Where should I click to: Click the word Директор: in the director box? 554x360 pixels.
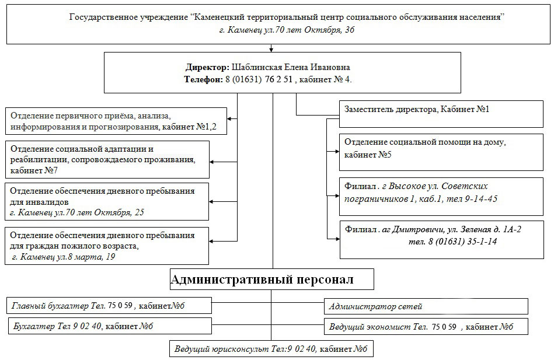[208, 67]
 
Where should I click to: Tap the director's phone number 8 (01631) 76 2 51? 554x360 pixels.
[259, 79]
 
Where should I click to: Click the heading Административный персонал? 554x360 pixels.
[262, 279]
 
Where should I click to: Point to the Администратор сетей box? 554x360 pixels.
[426, 306]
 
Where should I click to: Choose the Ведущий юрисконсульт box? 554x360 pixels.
[271, 349]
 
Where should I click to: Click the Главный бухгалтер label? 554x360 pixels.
[50, 306]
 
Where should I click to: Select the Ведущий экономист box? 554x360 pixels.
[426, 326]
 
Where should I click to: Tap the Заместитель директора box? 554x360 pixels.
[441, 114]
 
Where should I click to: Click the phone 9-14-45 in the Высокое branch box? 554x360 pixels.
[481, 199]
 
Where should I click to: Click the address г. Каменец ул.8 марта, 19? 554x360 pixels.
[63, 257]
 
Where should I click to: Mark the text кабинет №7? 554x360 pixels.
[34, 170]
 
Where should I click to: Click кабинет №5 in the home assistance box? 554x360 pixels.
[368, 155]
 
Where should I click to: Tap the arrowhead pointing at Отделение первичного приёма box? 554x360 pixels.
[229, 119]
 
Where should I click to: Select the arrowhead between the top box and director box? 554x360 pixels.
[271, 50]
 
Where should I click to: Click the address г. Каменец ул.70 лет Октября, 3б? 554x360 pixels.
[287, 30]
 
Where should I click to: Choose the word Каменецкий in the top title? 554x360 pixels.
[218, 17]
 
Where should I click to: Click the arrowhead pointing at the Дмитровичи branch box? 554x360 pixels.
[337, 239]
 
